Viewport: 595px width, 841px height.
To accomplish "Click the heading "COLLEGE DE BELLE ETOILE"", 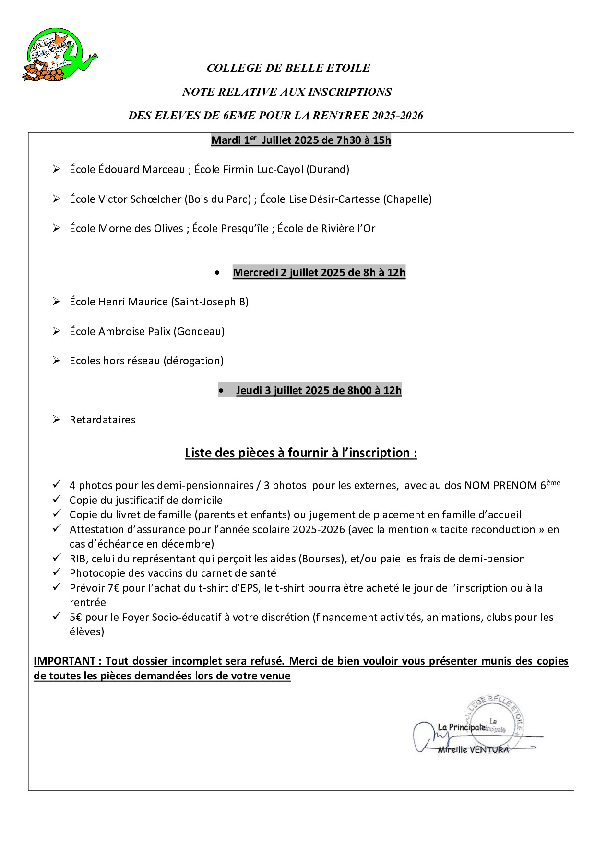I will pyautogui.click(x=288, y=68).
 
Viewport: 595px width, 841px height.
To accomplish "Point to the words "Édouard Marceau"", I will pyautogui.click(x=142, y=169).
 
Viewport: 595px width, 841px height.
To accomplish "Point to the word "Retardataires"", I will pyautogui.click(x=103, y=420).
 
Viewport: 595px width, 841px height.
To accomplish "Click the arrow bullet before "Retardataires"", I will pyautogui.click(x=57, y=420).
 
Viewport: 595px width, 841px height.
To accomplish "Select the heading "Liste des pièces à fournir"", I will pyautogui.click(x=301, y=453).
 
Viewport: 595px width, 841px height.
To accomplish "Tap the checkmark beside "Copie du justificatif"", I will pyautogui.click(x=57, y=499).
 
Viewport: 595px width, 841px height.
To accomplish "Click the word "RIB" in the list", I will pyautogui.click(x=78, y=559).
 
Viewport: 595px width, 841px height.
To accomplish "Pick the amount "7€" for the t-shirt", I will pyautogui.click(x=114, y=588).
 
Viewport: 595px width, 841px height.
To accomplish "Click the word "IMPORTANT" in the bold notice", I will pyautogui.click(x=64, y=661).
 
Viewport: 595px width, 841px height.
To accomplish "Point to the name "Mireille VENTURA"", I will pyautogui.click(x=473, y=749).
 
